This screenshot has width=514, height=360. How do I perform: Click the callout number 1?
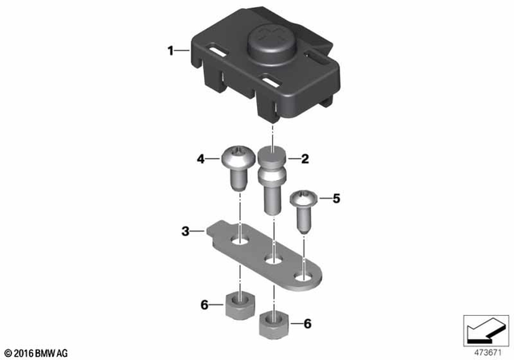170,51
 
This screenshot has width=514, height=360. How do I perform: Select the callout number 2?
304,159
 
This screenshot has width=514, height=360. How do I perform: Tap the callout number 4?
202,159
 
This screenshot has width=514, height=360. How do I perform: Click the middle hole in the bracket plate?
273,259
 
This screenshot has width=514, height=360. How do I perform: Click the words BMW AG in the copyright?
52,353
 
